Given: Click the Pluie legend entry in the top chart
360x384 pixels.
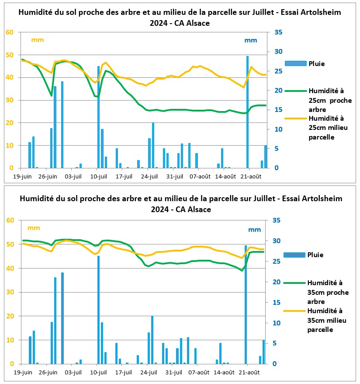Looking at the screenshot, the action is point(305,64).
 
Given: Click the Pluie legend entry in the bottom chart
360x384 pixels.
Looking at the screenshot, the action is point(303,255).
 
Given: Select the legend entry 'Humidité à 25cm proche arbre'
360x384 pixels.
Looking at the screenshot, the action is point(318,100).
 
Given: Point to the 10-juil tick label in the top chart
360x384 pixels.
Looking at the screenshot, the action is point(99,177).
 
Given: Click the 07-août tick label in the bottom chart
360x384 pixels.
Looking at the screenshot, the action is point(199,373).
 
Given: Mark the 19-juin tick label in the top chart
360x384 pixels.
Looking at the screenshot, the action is point(22,177).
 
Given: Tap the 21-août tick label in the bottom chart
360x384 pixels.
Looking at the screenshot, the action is point(249,373).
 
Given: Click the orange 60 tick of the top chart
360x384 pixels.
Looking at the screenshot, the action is point(10,32).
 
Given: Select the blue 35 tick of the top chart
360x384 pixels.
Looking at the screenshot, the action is point(278,32).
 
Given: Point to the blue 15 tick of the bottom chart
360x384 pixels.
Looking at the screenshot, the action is point(277,303).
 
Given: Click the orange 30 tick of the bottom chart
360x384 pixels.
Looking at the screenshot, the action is point(10,292).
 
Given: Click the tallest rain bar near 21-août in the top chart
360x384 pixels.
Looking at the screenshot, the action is point(247,112).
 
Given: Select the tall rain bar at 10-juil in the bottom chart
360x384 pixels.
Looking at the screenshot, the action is point(99,310).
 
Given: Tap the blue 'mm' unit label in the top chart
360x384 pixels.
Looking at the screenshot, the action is point(251,40).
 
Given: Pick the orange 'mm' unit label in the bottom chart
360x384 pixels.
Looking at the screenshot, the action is point(34,228).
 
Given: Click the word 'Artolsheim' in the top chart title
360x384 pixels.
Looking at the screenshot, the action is point(321,12).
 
